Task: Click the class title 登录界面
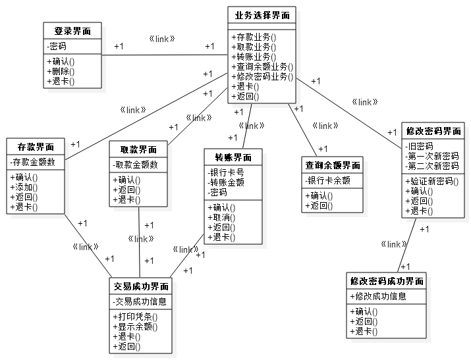72,31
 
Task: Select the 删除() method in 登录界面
61,72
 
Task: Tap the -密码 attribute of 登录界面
58,47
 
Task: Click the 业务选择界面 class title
261,15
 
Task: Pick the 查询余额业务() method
262,66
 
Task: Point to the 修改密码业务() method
262,76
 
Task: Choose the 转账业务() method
253,57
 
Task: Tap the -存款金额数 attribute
33,162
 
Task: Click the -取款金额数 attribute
136,165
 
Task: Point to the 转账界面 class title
233,157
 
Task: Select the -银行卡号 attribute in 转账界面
226,172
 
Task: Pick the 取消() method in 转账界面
221,217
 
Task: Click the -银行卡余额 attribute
328,180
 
